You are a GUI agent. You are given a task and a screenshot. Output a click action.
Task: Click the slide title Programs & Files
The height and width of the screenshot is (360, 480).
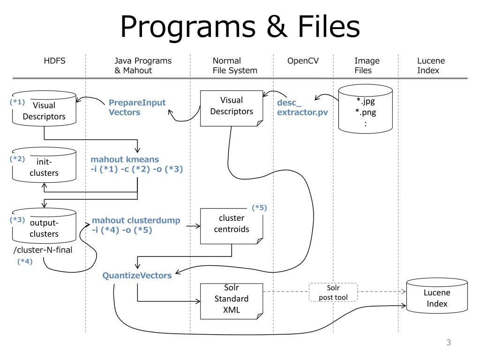point(240,27)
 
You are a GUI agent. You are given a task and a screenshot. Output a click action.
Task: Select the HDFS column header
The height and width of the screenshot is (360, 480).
point(54,61)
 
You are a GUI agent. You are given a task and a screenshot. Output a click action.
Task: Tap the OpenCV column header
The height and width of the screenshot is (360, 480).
point(303,61)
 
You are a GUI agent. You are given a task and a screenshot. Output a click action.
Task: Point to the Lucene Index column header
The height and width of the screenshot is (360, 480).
point(431,66)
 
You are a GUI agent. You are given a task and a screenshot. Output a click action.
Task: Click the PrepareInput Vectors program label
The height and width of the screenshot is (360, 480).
point(137,107)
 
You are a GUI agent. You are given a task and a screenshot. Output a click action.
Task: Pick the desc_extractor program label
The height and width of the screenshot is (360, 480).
point(302,107)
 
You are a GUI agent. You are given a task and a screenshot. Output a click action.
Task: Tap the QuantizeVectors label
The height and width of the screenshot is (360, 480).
point(137,276)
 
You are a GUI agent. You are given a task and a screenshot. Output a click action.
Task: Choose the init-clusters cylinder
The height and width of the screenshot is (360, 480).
point(44,165)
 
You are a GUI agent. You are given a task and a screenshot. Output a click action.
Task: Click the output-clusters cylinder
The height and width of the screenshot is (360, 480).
point(44,226)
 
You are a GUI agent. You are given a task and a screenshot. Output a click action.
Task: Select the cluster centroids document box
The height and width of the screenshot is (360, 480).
point(232,226)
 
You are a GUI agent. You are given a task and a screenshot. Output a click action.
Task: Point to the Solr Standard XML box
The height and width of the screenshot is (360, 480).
point(232,301)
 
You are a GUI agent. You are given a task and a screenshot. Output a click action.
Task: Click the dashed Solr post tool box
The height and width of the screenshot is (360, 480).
point(333,292)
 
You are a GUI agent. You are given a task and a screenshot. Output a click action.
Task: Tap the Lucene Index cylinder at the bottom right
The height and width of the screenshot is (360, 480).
point(437,296)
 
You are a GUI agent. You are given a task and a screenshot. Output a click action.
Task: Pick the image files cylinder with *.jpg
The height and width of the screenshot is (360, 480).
point(366,109)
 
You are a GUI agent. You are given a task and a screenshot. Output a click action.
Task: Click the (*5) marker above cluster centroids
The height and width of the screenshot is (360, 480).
point(259,208)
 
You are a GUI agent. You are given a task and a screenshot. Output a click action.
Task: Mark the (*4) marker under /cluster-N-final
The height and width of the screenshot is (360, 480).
point(25,261)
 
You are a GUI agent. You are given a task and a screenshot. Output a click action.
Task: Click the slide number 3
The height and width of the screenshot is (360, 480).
point(449,342)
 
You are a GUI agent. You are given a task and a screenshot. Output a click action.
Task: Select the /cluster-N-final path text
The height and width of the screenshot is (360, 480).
point(43,250)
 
